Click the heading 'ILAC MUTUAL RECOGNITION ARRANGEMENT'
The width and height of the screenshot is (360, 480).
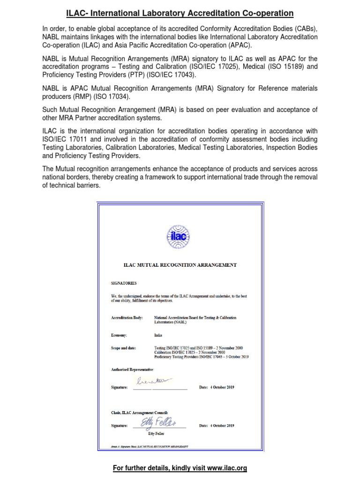[x=180, y=265]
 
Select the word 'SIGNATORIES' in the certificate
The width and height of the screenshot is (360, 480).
[x=124, y=283]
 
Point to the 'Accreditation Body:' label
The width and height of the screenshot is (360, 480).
[x=127, y=318]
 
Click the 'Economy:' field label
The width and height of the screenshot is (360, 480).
[x=119, y=336]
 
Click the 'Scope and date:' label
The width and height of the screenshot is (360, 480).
[x=125, y=348]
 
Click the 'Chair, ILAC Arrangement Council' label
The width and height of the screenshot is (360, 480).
[x=136, y=412]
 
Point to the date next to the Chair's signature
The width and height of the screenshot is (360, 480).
[x=217, y=426]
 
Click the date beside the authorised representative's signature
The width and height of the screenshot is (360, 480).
[x=217, y=388]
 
